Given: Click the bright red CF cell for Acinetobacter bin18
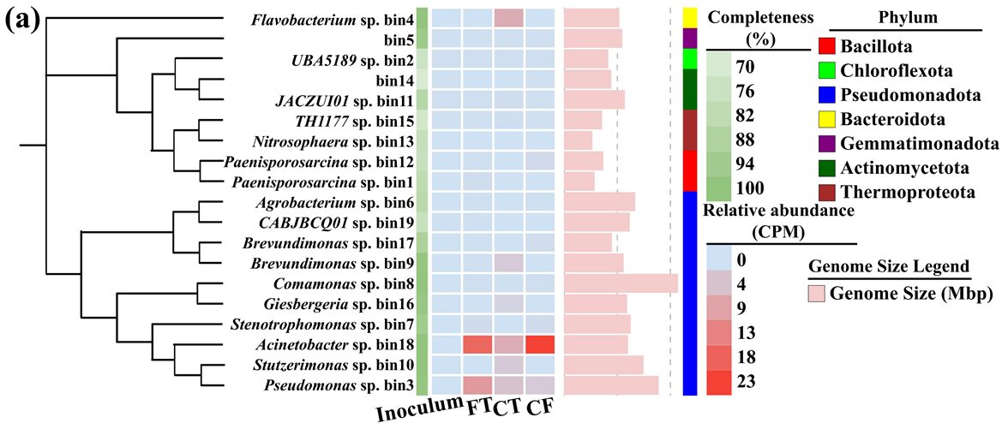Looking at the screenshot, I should tap(539, 345).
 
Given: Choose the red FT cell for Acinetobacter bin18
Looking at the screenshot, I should tap(477, 345).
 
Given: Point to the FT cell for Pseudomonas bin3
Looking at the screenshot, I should tap(477, 385).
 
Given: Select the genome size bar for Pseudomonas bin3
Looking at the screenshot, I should tap(611, 385).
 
